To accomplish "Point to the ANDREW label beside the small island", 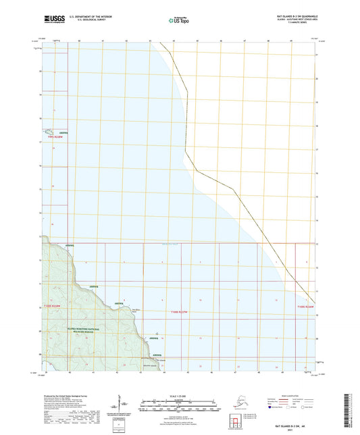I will pos(64,132).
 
